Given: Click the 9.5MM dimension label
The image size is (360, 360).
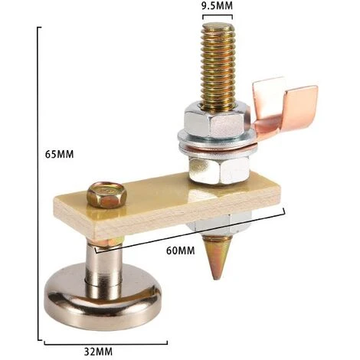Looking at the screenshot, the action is coord(217,5).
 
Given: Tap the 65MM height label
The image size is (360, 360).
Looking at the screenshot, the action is coord(60,154).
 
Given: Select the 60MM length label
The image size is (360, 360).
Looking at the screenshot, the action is coord(181,250).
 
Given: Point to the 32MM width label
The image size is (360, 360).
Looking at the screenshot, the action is coord(98,352).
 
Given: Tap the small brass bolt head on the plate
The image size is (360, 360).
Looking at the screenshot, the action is coord(106,195).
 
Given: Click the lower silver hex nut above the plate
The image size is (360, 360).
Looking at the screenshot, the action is coord(219,170).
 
